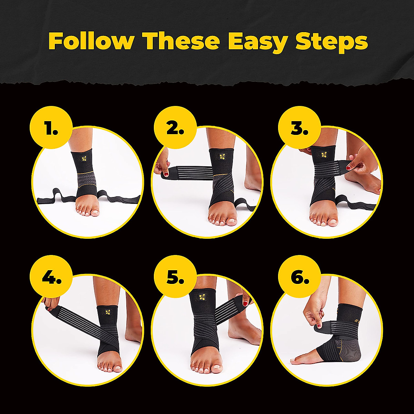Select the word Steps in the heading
pyautogui.click(x=332, y=42)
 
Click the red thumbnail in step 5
pyautogui.click(x=246, y=304)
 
